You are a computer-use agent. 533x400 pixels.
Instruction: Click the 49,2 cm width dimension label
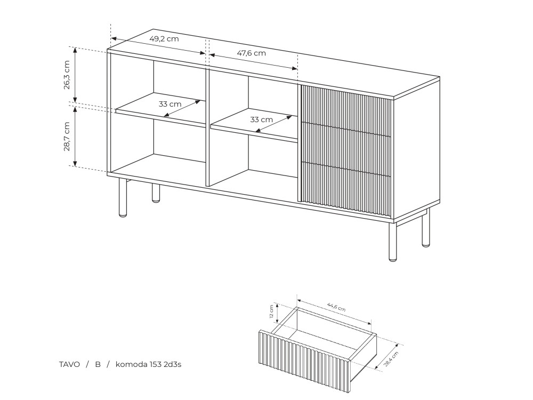pyautogui.click(x=164, y=38)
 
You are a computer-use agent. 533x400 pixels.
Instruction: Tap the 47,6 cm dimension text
pyautogui.click(x=251, y=53)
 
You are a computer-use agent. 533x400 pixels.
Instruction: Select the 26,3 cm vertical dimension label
pyautogui.click(x=67, y=75)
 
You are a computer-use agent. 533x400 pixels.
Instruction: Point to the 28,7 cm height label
pyautogui.click(x=67, y=137)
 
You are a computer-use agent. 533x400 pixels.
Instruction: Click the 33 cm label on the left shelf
pyautogui.click(x=170, y=104)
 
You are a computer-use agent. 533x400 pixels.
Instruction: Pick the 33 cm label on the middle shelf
pyautogui.click(x=261, y=119)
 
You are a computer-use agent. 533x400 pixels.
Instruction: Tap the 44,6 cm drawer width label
pyautogui.click(x=336, y=307)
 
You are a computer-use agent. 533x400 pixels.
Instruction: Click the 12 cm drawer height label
pyautogui.click(x=271, y=311)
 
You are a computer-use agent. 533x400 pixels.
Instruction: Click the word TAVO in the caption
pyautogui.click(x=69, y=365)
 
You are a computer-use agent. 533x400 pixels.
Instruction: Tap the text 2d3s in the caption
pyautogui.click(x=173, y=365)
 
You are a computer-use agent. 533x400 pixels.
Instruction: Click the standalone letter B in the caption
pyautogui.click(x=98, y=365)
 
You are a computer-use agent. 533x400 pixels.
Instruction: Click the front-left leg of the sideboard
pyautogui.click(x=123, y=198)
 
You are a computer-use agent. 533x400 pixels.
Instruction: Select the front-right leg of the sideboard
pyautogui.click(x=393, y=242)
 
